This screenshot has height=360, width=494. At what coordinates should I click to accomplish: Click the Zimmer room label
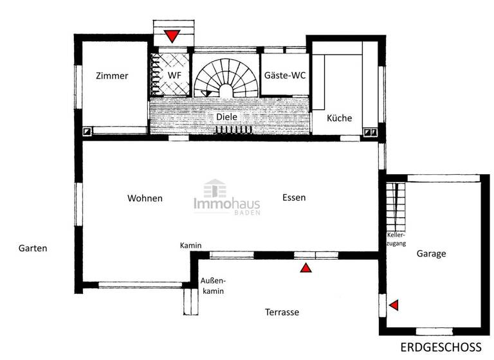click(x=112, y=76)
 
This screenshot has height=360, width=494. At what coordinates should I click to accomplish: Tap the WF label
click(x=174, y=76)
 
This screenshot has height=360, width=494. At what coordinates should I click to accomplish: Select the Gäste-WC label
click(x=285, y=76)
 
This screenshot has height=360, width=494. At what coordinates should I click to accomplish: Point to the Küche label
click(x=339, y=118)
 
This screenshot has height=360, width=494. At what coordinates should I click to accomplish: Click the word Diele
click(x=226, y=117)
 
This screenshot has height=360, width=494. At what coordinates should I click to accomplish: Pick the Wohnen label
click(x=145, y=198)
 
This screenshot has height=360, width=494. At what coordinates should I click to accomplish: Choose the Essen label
click(x=294, y=198)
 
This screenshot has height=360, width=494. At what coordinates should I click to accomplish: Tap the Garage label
click(x=431, y=254)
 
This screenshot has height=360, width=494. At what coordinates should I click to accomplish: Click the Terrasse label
click(x=282, y=312)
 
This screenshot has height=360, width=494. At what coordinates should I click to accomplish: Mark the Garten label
click(x=33, y=248)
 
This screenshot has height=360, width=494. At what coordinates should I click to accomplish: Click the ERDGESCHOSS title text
click(x=441, y=347)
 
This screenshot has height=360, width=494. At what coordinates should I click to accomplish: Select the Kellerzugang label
click(x=396, y=240)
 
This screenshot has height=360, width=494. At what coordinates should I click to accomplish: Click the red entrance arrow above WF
click(x=172, y=36)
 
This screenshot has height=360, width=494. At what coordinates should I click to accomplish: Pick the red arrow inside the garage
click(x=394, y=305)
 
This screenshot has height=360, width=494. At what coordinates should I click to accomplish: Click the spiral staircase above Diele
click(x=225, y=80)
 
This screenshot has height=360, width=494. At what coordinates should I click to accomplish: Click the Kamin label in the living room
click(x=191, y=246)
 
